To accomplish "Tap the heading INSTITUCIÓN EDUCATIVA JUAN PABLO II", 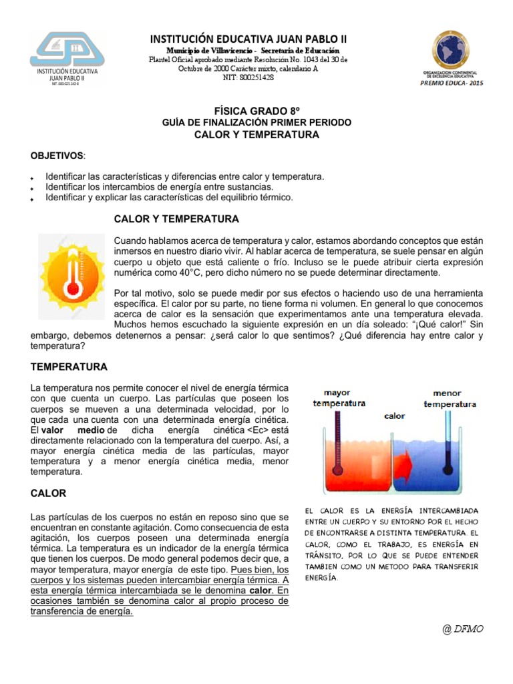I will [248, 38].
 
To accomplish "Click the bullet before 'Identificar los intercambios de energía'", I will [32, 188].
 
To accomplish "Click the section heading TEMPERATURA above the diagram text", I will [69, 367].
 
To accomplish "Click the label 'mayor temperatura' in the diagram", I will [339, 398].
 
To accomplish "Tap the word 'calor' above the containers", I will [395, 415].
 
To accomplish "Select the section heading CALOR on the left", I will [48, 494].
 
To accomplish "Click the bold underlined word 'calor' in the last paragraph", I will [260, 590].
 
